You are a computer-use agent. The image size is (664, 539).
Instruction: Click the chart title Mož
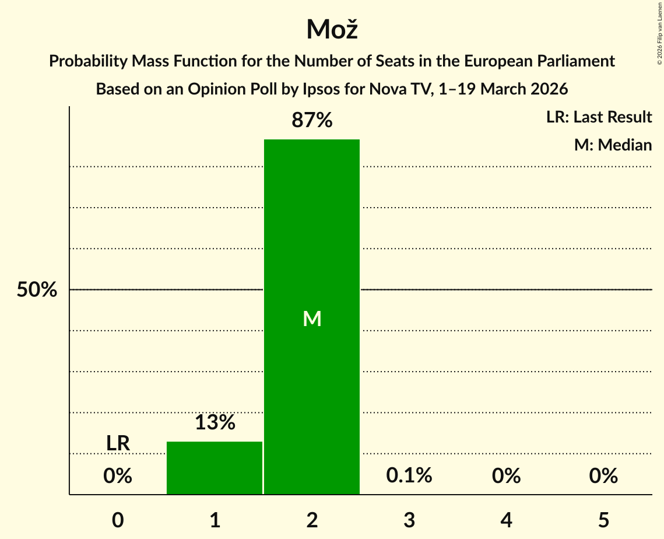(332, 29)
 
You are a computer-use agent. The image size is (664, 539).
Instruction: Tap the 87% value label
(312, 121)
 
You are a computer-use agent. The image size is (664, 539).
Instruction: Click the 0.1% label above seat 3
(409, 476)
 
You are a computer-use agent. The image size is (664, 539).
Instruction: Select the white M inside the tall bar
(312, 318)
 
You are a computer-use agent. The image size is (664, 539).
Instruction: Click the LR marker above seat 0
(118, 443)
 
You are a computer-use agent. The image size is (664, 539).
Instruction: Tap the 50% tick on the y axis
(37, 290)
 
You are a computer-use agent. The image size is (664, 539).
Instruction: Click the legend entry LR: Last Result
(599, 117)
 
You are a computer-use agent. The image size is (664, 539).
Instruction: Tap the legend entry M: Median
(613, 145)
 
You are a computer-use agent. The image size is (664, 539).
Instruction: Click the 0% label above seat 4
(506, 477)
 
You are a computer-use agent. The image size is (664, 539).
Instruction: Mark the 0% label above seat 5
(603, 477)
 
